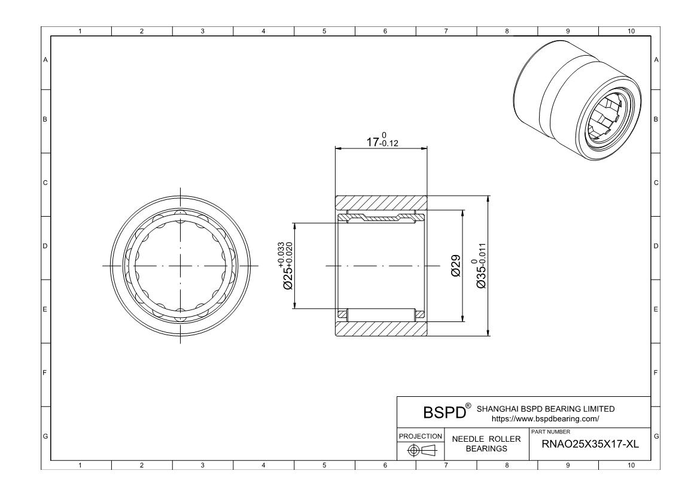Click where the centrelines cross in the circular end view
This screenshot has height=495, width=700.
coord(180,266)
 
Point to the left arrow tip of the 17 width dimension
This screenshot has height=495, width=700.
coord(336,148)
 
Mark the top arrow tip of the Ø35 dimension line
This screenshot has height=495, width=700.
coord(488,196)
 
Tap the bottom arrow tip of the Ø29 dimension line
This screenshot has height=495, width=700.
coord(462,321)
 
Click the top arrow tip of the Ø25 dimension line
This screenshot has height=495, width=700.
coord(294,223)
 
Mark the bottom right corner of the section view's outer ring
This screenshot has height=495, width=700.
coord(427,336)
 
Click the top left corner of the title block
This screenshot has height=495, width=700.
coord(397,396)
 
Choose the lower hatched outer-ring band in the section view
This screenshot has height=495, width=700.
coord(381,329)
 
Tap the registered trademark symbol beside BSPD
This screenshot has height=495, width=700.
coord(468,406)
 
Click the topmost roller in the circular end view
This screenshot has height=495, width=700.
coord(180,214)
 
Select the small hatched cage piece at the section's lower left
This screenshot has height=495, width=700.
coord(343,314)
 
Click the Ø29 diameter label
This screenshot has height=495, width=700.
coord(455,266)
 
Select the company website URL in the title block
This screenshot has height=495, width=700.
coord(545,419)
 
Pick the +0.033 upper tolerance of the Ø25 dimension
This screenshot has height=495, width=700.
coord(281,254)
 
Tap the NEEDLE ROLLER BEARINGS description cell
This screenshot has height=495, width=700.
coord(486,444)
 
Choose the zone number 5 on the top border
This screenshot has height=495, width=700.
coord(324,31)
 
